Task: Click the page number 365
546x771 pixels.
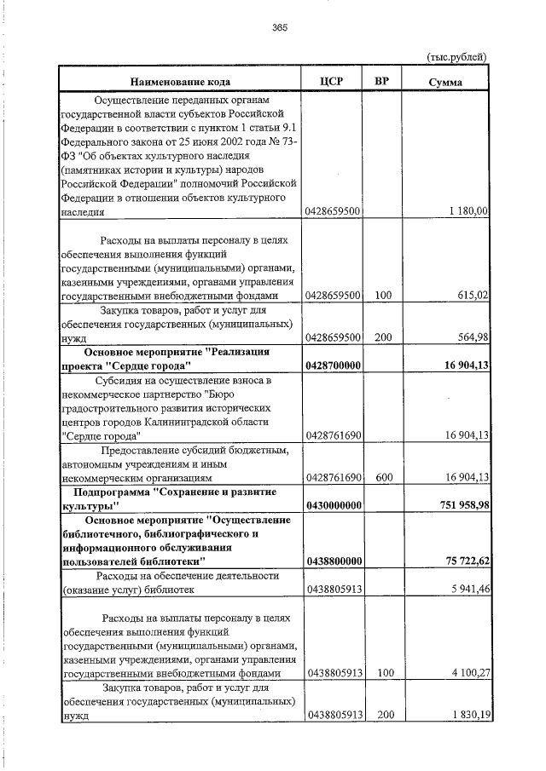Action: [x=280, y=27]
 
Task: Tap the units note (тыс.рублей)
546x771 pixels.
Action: [x=456, y=56]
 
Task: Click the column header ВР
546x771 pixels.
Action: [x=382, y=82]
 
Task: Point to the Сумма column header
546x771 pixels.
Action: [x=446, y=82]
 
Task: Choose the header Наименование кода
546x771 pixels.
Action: [x=179, y=82]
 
